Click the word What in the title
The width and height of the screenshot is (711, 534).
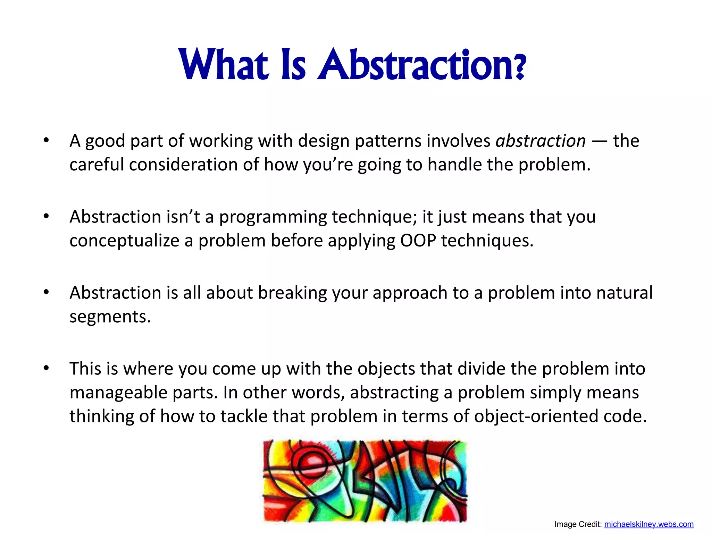[x=224, y=64]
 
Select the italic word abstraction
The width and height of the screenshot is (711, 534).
[x=541, y=141]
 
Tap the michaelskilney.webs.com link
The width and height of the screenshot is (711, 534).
[x=649, y=524]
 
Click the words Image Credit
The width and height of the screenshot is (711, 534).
[x=578, y=524]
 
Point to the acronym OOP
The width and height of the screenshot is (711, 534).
[x=418, y=240]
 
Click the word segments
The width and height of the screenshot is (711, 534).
[x=110, y=317]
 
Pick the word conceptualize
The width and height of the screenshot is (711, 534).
[x=124, y=241]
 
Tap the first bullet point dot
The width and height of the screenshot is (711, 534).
[x=46, y=140]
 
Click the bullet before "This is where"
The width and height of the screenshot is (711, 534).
[x=46, y=368]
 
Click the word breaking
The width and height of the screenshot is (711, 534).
[x=292, y=293]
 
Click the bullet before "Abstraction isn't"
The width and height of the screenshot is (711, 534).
[x=46, y=216]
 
